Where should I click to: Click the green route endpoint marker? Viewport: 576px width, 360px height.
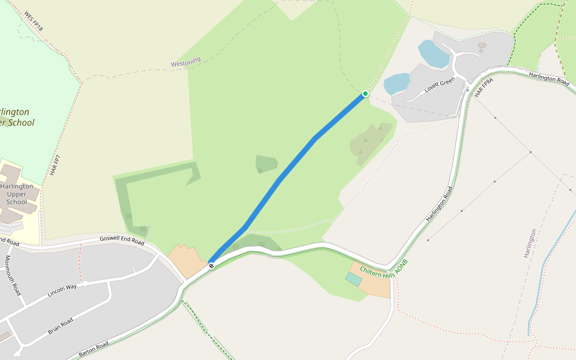coord(365,94)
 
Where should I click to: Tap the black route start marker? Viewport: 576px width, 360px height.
coord(211,265)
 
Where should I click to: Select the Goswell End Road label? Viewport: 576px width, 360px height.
coord(122,240)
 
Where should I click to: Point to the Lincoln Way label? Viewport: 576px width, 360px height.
coord(62,291)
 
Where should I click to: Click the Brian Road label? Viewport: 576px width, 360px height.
coord(60,326)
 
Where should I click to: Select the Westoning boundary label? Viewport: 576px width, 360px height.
coord(185,62)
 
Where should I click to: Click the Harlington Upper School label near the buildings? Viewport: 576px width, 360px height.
coord(17,194)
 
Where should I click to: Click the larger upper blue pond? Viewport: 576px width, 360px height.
coord(434,54)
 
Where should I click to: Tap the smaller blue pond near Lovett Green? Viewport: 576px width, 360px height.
coord(397,84)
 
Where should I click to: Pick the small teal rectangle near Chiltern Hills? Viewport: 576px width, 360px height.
coord(353,279)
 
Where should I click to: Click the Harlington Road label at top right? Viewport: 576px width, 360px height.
coord(548,78)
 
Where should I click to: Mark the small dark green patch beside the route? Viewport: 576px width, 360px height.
coord(266,163)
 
